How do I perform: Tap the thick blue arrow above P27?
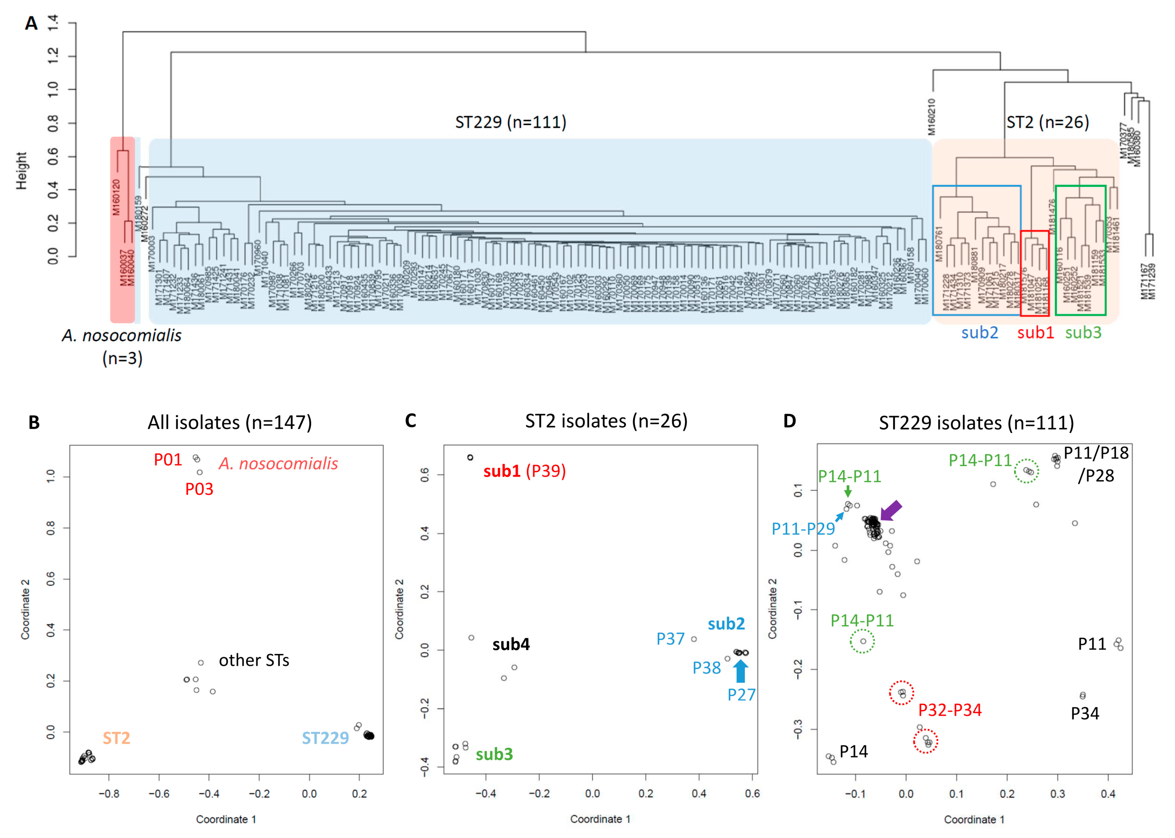740,671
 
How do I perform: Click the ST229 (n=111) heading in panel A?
510,122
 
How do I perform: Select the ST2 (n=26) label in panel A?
1048,122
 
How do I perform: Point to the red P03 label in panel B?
199,489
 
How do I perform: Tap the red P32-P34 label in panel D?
949,710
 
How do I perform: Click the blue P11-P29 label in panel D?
803,528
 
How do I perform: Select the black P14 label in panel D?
853,751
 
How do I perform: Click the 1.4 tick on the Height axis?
53,23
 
